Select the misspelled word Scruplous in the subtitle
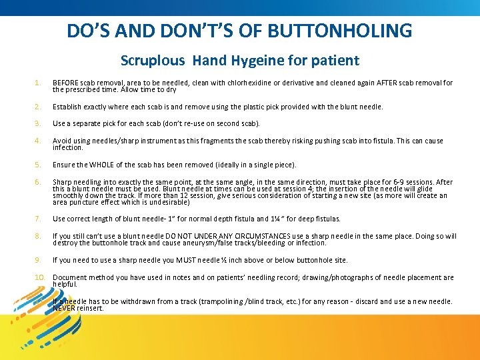153,61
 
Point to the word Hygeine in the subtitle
260,61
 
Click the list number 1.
38,83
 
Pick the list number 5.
38,165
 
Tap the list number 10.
39,277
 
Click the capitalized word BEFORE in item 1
65,83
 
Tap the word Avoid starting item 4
62,141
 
